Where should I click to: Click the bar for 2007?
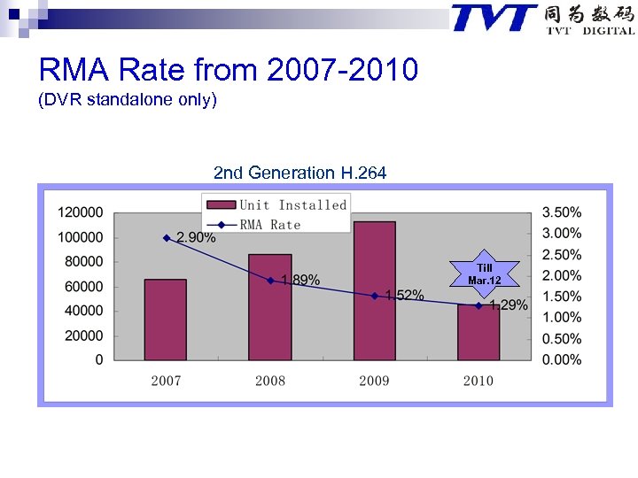click(166, 320)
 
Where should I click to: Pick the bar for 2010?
click(478, 334)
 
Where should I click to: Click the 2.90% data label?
click(196, 238)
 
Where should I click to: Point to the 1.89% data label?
click(300, 281)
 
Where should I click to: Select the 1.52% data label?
click(404, 296)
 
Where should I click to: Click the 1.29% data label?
click(509, 305)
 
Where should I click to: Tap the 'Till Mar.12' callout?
click(485, 274)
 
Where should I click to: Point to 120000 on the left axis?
click(81, 212)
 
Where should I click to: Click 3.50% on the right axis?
click(562, 212)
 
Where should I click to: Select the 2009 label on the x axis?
click(374, 381)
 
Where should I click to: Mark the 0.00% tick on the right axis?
click(562, 360)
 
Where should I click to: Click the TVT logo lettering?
click(494, 19)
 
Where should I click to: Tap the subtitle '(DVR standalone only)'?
click(127, 100)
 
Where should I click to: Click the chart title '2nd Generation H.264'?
click(300, 173)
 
